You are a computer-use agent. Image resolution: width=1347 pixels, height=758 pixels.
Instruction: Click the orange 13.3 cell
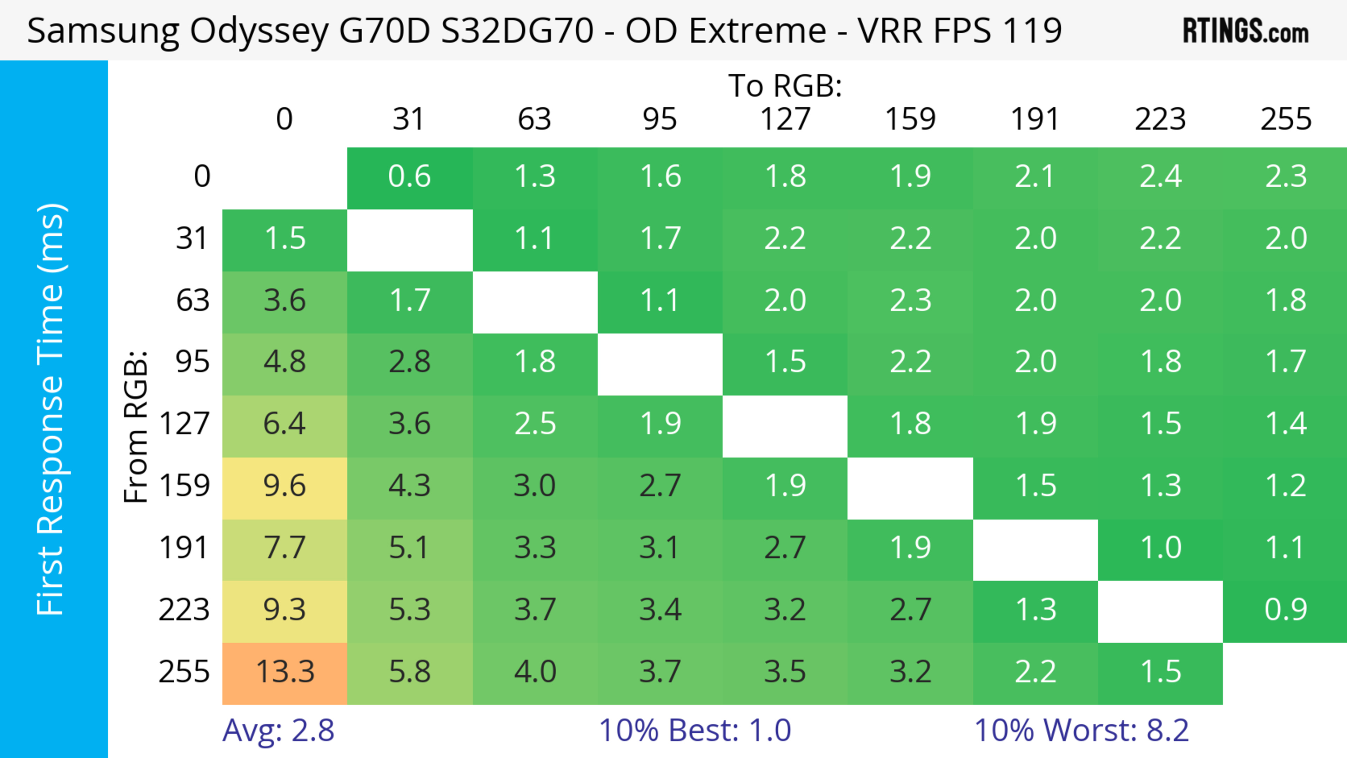(x=285, y=672)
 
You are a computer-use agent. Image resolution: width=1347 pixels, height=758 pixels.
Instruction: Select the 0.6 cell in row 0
(x=409, y=177)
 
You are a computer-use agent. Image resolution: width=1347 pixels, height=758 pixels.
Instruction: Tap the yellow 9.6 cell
(x=285, y=486)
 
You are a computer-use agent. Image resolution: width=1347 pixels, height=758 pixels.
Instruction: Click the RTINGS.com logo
(x=1246, y=31)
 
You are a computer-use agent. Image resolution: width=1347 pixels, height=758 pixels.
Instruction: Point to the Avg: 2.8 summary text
(x=278, y=730)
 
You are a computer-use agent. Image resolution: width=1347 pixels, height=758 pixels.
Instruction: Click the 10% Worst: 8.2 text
(x=1081, y=730)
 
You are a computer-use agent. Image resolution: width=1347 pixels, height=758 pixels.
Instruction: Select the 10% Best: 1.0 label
(x=695, y=730)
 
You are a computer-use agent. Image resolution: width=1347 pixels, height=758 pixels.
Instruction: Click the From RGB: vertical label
(x=136, y=427)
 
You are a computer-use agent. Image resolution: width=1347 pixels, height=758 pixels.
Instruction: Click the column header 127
(x=785, y=119)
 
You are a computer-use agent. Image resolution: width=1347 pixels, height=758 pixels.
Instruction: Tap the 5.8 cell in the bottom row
(x=409, y=672)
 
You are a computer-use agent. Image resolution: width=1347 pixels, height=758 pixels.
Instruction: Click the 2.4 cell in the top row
(x=1160, y=177)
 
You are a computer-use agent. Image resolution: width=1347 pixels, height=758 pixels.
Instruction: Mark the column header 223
(x=1160, y=119)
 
